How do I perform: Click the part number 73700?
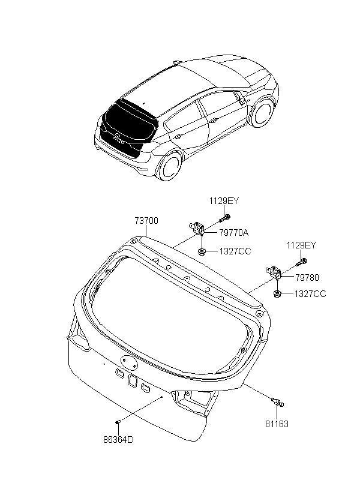(x=146, y=221)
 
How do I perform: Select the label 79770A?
(x=234, y=233)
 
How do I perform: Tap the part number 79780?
(x=307, y=277)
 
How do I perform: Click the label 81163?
(x=277, y=424)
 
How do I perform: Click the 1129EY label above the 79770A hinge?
(x=224, y=201)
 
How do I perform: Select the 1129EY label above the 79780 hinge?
(x=301, y=245)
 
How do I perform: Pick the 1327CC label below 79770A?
(x=235, y=251)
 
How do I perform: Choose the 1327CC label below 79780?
(x=310, y=294)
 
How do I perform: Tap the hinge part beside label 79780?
(x=274, y=273)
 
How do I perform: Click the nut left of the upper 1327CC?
(x=203, y=251)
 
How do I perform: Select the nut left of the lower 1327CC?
(x=278, y=293)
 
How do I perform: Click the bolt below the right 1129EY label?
(x=302, y=262)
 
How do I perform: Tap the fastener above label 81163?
(x=277, y=402)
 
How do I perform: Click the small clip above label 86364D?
(x=118, y=422)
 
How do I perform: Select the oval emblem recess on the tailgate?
(x=129, y=361)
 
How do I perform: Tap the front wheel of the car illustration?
(x=262, y=113)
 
